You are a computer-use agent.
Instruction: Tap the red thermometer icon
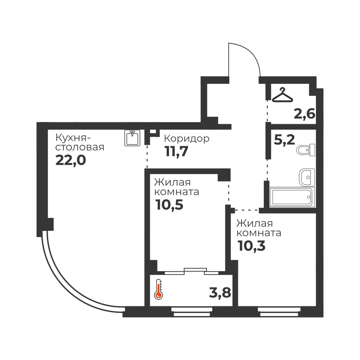pos(158,289)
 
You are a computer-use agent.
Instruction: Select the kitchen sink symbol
pos(132,138)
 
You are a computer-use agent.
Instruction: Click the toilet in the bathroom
pos(306,150)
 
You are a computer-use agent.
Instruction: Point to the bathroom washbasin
pos(307,177)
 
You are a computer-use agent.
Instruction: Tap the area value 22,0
pos(71,160)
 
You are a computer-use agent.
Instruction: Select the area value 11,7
pos(176,152)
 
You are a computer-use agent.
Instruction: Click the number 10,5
pos(169,204)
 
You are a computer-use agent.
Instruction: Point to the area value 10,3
pos(251,246)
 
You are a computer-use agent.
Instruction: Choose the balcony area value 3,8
pos(220,293)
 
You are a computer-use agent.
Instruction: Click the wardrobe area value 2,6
pos(305,114)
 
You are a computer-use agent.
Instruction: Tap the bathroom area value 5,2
pos(284,140)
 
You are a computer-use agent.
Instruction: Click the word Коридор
pos(186,139)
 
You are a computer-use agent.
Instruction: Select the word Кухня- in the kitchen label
pos(73,138)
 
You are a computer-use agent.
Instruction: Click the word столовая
pos(80,147)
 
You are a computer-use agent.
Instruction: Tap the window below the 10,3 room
pos(279,312)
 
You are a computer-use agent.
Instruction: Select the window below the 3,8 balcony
pos(192,312)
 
